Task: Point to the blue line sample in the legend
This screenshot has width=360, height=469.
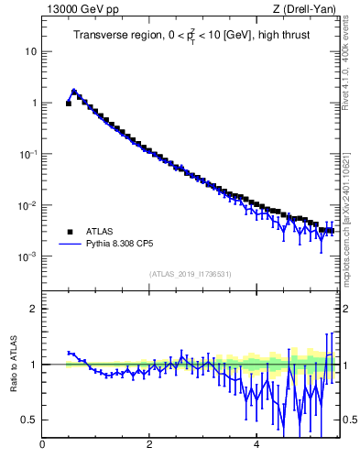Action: (x=67, y=245)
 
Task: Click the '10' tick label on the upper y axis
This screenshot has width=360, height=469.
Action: (x=30, y=51)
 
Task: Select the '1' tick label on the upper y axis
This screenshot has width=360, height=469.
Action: (x=33, y=103)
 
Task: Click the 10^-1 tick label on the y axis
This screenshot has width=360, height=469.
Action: (x=27, y=153)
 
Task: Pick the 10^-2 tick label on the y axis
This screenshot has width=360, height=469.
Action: (x=27, y=204)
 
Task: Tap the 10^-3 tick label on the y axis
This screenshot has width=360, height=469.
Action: (x=27, y=256)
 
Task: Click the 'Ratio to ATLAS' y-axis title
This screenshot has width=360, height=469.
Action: (x=12, y=364)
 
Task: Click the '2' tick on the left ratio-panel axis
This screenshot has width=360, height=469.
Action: (x=33, y=309)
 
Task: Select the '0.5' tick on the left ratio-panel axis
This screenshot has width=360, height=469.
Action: (x=28, y=420)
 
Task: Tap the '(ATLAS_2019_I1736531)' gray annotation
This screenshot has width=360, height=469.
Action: (x=190, y=274)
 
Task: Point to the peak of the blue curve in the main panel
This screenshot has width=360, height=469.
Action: (x=74, y=91)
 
